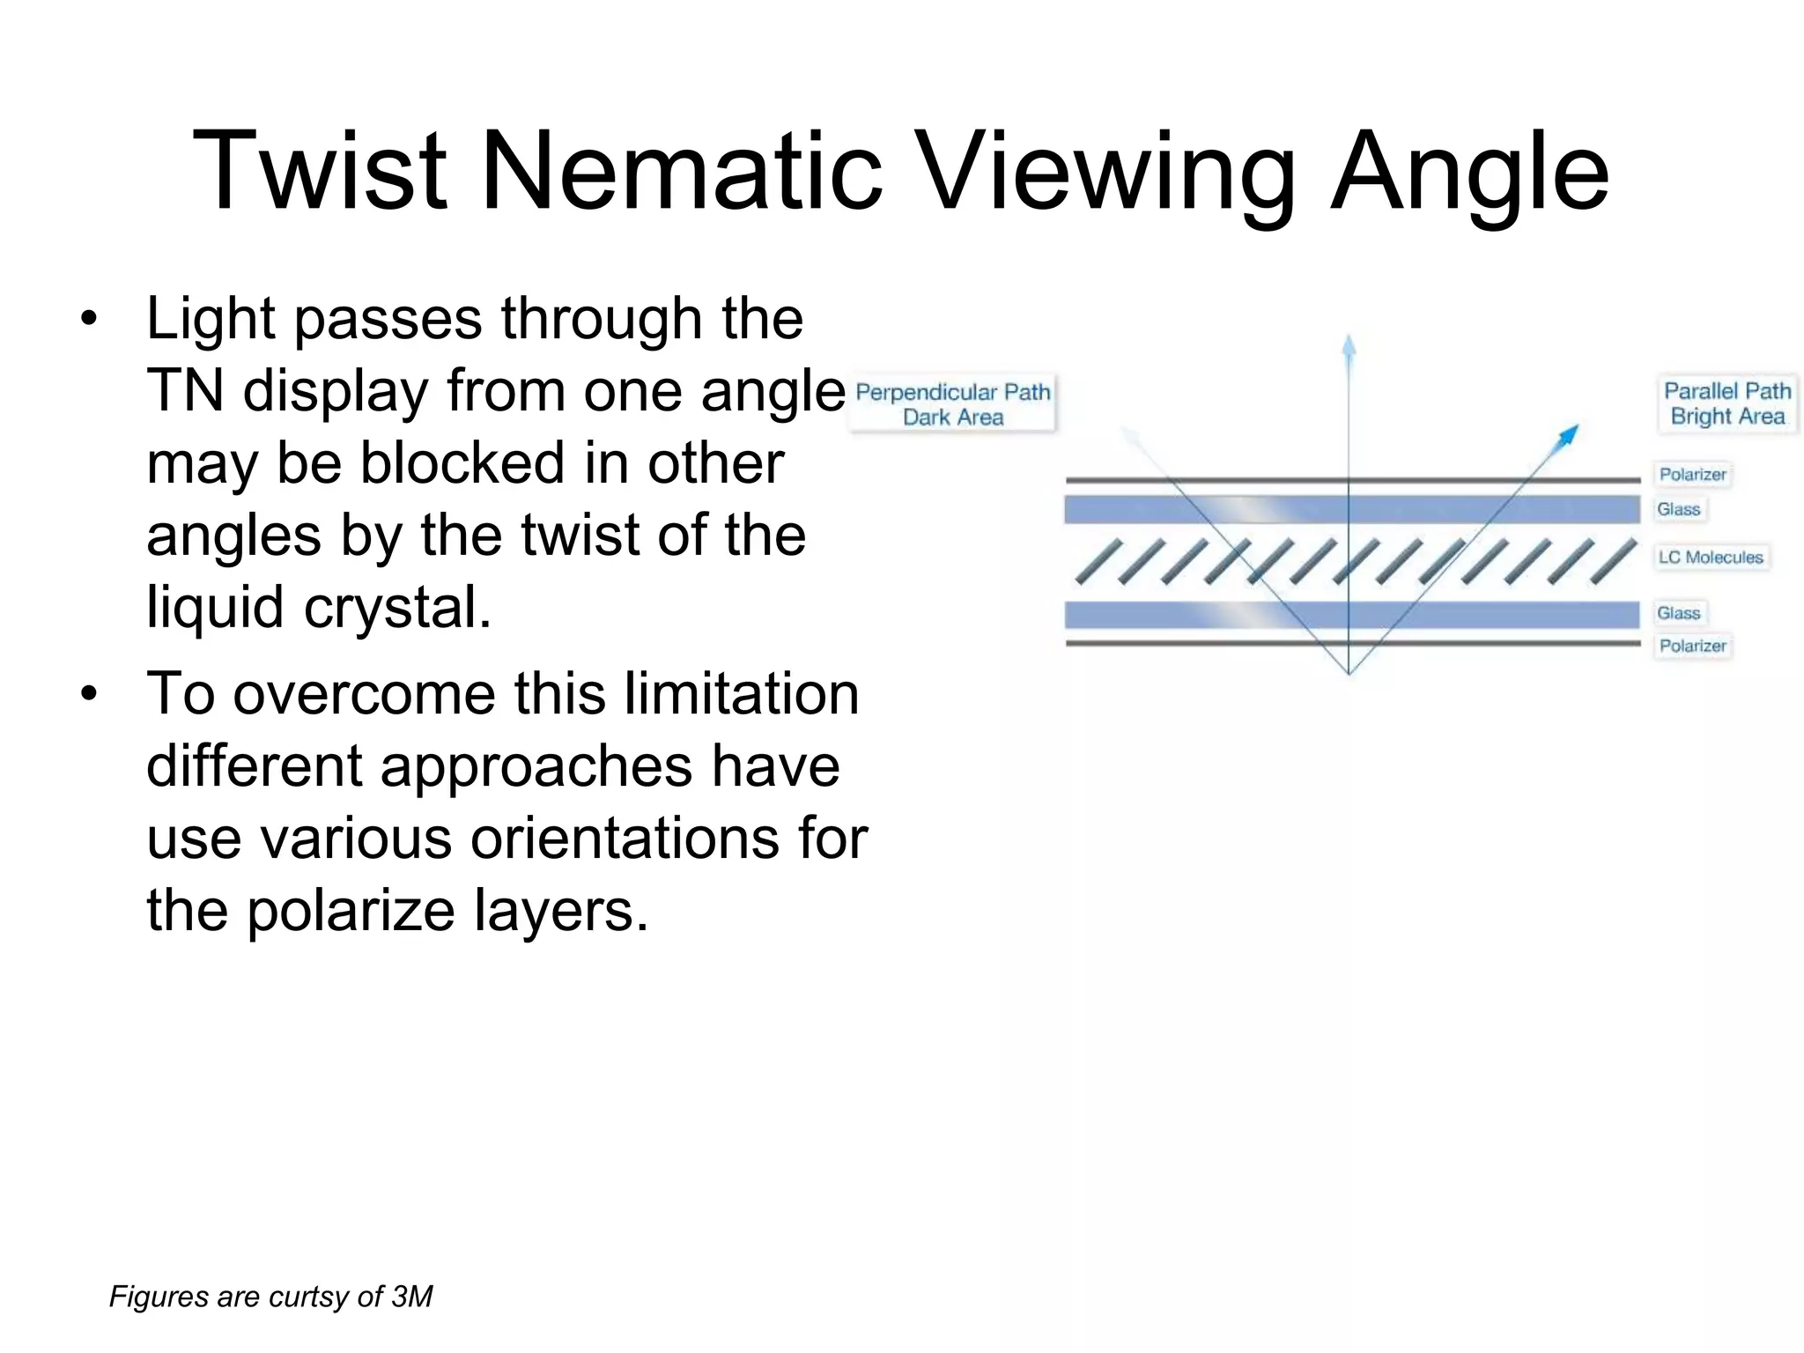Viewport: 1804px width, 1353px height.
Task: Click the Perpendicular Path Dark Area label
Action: tap(952, 404)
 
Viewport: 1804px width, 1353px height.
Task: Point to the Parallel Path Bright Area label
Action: tap(1726, 403)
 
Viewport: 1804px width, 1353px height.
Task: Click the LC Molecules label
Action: tap(1710, 557)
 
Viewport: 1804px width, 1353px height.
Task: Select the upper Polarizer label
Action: tap(1692, 475)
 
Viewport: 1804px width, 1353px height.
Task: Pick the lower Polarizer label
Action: tap(1692, 646)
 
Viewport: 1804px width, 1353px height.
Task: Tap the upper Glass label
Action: tap(1678, 509)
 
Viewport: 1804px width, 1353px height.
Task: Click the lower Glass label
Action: tap(1678, 613)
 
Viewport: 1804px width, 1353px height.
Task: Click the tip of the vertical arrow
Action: tap(1349, 339)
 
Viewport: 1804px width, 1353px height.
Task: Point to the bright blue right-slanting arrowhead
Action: tap(1569, 434)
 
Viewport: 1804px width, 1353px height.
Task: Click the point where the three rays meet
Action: tap(1349, 673)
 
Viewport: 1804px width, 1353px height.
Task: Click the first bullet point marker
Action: tap(87, 321)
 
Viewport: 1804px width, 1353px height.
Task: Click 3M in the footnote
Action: tap(411, 1297)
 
